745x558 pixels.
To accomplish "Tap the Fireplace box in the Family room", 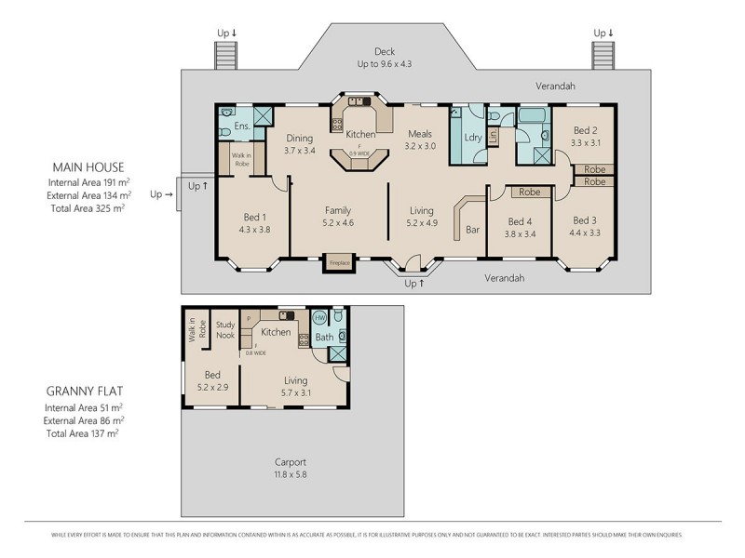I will (339, 263).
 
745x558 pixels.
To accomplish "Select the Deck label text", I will (385, 51).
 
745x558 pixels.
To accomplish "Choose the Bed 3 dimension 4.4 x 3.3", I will (584, 232).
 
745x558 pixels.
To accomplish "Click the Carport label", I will (291, 462).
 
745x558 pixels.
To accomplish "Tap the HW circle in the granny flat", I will (318, 317).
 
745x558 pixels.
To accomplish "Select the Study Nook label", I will (224, 329).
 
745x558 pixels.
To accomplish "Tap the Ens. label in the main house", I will (242, 126).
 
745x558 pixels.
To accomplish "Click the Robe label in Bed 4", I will (530, 192).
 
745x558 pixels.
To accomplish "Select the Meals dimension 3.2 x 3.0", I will (420, 146).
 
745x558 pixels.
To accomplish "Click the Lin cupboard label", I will (493, 138).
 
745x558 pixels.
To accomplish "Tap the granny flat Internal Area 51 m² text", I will (84, 407).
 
